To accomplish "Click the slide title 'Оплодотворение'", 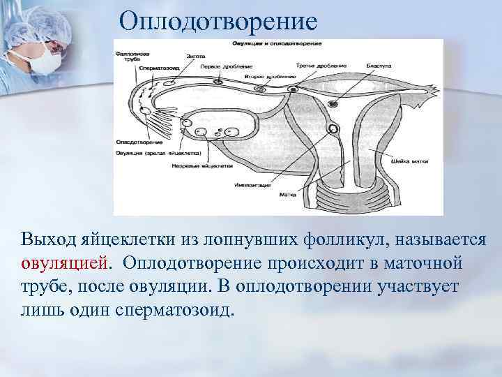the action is point(218,20).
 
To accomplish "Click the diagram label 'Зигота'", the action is point(195,54).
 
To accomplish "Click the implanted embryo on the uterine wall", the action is point(334,128).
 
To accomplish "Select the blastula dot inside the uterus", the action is point(333,103).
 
